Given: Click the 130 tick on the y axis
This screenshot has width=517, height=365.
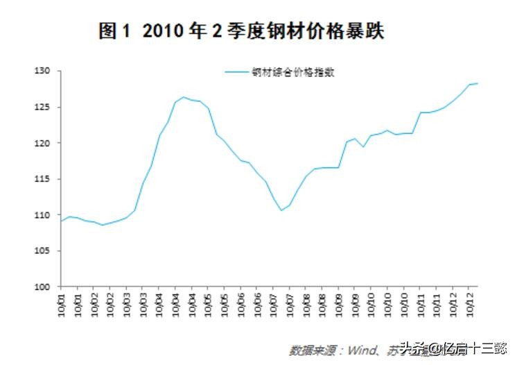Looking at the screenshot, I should point(45,71).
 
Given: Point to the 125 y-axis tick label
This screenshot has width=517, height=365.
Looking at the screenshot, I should point(45,108).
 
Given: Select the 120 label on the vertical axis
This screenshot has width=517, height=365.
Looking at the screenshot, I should point(45,144).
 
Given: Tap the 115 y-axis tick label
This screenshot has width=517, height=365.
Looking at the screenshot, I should point(45,179).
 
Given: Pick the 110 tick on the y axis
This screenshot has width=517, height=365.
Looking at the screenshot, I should point(45,215).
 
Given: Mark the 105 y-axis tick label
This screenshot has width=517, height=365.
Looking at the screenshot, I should point(45,251).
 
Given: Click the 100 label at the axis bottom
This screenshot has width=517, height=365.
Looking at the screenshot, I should point(45,287).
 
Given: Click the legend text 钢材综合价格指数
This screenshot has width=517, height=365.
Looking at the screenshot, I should point(293,71).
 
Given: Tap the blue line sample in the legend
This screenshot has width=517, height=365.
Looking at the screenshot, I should point(237,71).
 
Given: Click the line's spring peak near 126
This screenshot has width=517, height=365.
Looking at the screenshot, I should point(183,97).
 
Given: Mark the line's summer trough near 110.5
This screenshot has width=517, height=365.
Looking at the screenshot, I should point(281,210).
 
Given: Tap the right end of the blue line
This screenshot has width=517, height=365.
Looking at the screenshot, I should point(477,83).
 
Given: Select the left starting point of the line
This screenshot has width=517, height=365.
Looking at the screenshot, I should point(62,221).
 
